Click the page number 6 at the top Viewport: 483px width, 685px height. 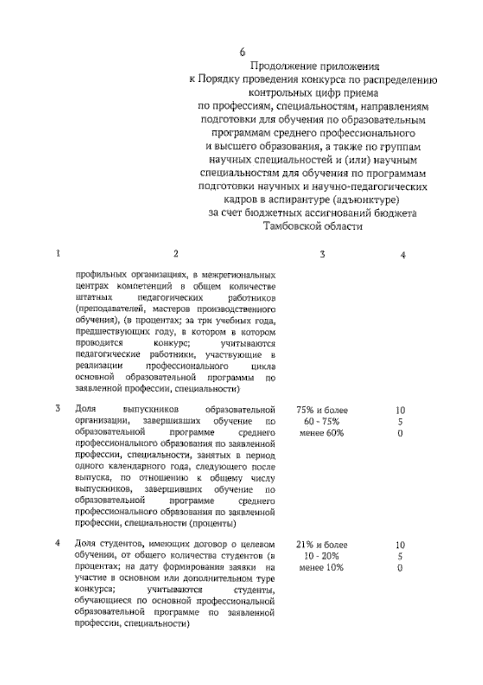click(x=242, y=52)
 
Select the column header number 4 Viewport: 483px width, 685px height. click(x=403, y=255)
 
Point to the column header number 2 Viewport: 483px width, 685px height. click(x=175, y=253)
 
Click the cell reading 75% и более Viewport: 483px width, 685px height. click(x=322, y=411)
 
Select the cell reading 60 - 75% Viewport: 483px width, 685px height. click(x=322, y=422)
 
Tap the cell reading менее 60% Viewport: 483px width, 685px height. click(x=322, y=434)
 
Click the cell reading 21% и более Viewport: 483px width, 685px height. click(x=322, y=545)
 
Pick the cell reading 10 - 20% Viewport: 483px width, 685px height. click(x=322, y=556)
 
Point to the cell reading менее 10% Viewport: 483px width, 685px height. click(x=322, y=568)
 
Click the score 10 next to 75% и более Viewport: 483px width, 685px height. click(x=400, y=411)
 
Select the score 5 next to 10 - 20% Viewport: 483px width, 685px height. click(x=400, y=556)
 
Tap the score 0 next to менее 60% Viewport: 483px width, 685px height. click(x=400, y=434)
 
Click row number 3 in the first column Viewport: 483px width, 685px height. click(x=58, y=409)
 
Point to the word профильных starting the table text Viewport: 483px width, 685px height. click(x=101, y=276)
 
